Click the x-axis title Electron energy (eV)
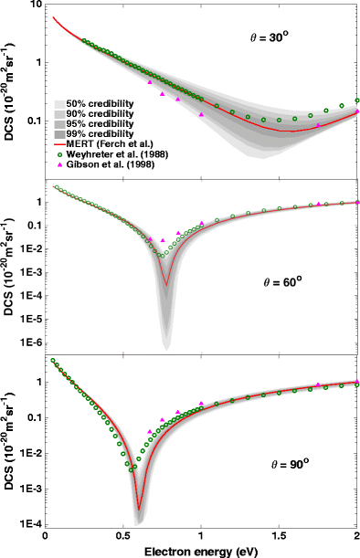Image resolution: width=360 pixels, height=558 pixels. pos(200,551)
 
